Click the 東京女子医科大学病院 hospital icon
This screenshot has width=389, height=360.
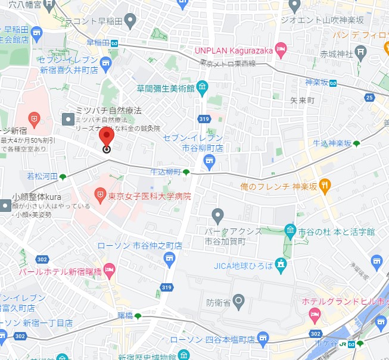tap(100, 195)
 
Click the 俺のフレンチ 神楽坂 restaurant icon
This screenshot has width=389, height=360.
tap(325, 186)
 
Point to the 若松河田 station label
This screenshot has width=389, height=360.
tap(42, 176)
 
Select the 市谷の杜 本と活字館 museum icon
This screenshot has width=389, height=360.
tap(290, 230)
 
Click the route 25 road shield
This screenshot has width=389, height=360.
tap(370, 98)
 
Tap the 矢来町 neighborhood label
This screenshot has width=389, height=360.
tap(302, 101)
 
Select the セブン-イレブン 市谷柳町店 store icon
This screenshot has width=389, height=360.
tap(209, 159)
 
